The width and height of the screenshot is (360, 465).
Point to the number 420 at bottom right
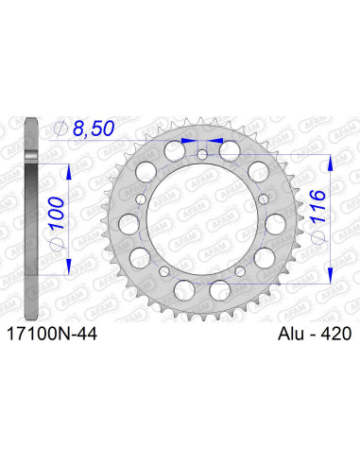click(x=333, y=334)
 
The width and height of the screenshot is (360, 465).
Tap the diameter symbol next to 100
click(x=59, y=238)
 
